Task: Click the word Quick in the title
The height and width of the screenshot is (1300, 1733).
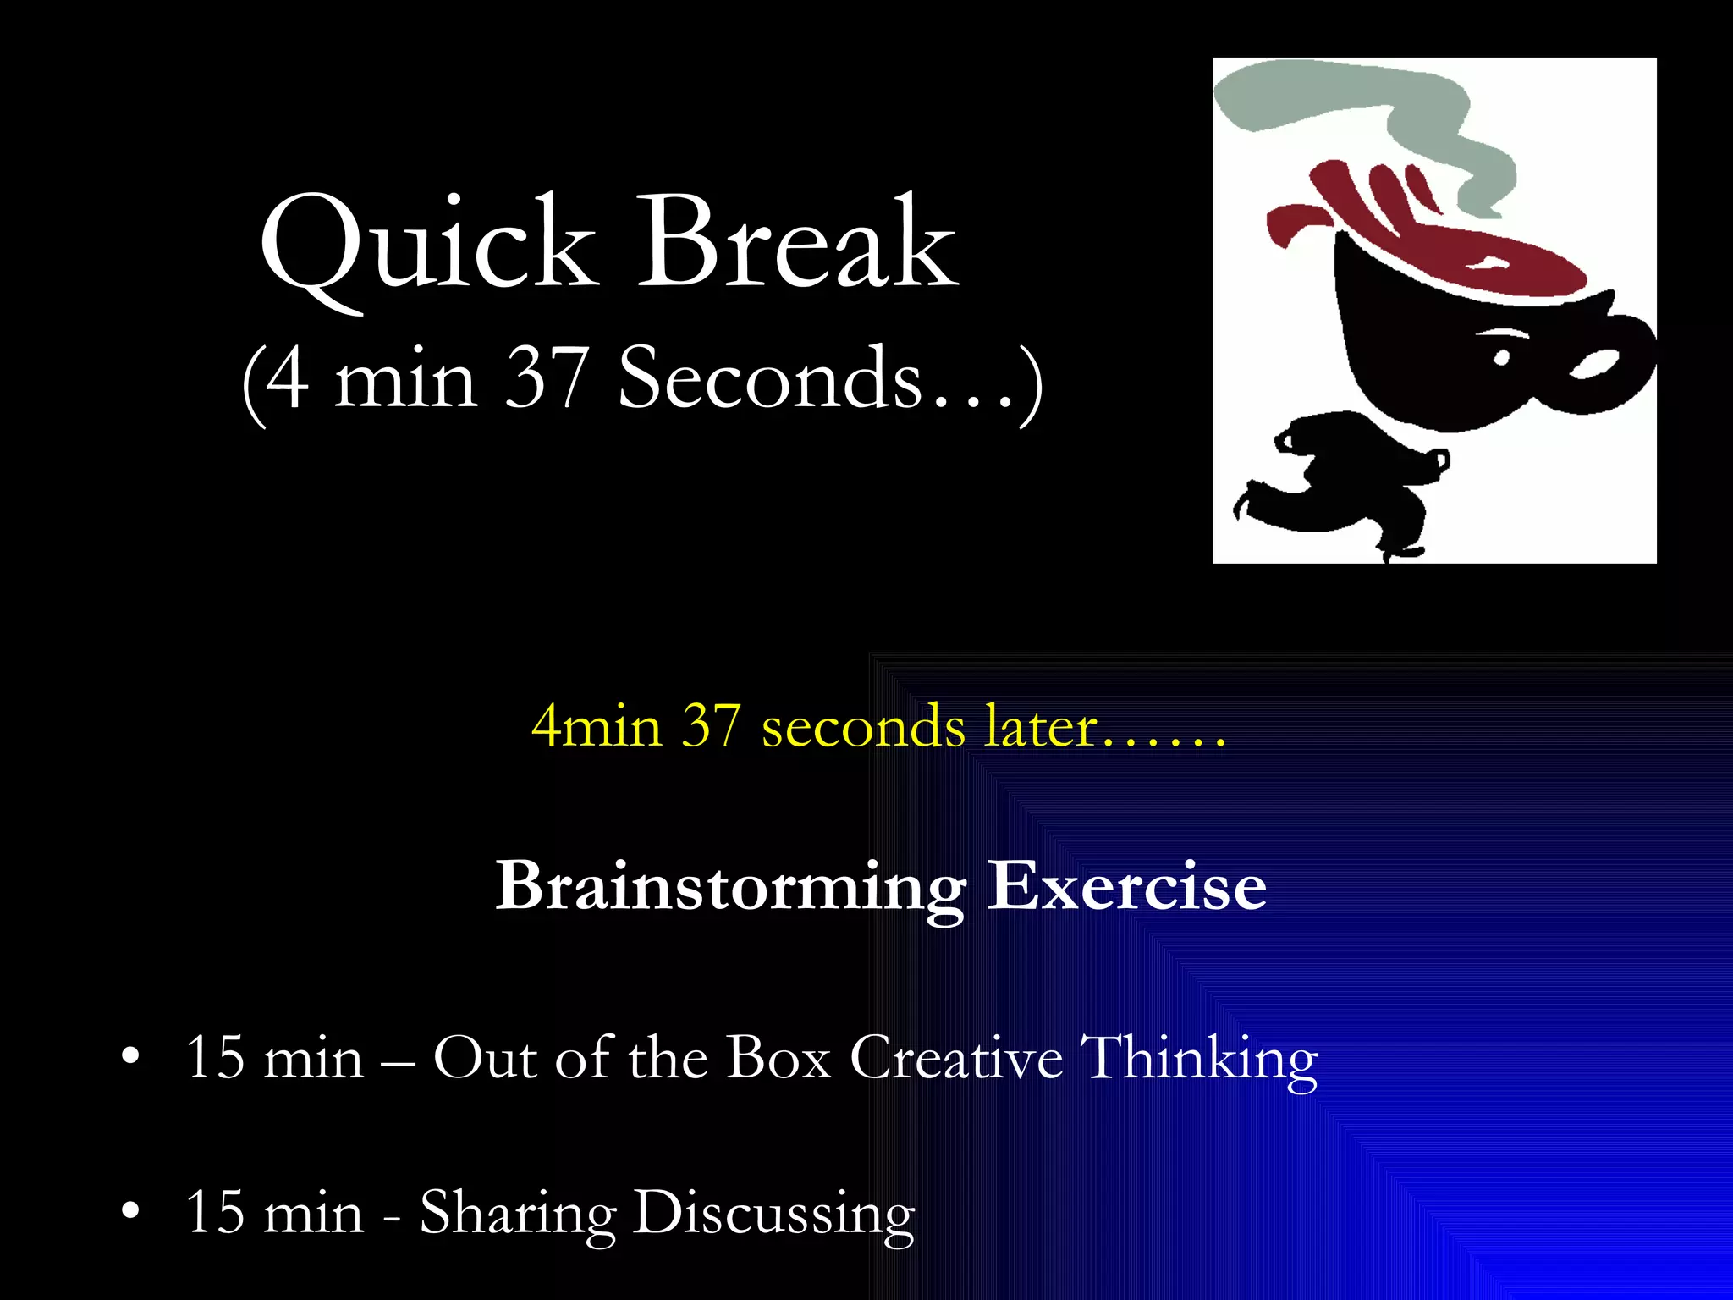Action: point(427,245)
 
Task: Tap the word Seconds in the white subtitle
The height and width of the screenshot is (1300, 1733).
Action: point(770,378)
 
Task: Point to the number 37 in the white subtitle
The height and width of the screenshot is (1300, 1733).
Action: point(546,378)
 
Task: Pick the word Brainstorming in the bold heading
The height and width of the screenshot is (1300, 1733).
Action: point(729,887)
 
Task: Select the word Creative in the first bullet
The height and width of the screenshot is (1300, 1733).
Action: point(956,1058)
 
